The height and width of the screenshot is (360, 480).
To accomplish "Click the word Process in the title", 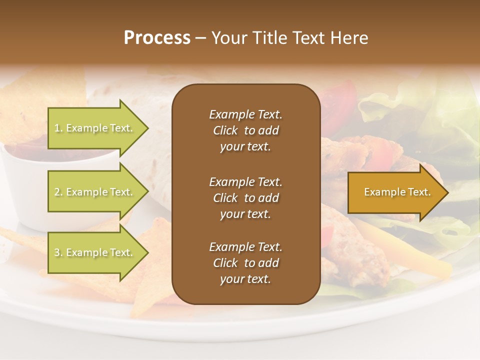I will click(x=157, y=38).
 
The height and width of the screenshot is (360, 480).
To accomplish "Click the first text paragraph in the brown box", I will click(x=245, y=130).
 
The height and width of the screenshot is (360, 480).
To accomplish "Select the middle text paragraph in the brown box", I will click(x=245, y=197).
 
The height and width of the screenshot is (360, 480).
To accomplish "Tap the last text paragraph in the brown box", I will click(x=245, y=263).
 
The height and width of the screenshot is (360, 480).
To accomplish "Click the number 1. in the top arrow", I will click(x=58, y=128).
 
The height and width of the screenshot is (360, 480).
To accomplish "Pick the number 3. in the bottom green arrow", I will click(x=58, y=253).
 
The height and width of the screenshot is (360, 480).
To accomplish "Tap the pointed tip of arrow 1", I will click(x=147, y=128).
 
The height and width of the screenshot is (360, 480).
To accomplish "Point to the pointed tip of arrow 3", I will click(x=147, y=252).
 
